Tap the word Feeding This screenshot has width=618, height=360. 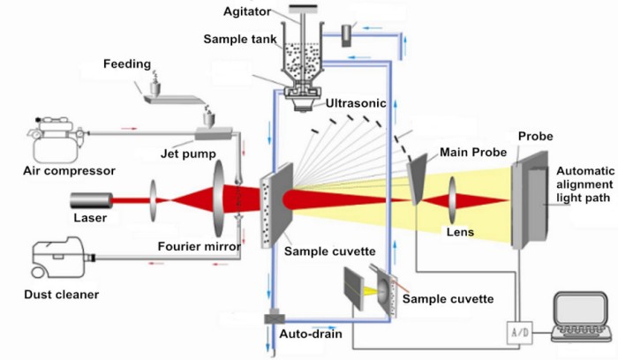127,64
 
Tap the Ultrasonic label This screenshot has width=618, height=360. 355,103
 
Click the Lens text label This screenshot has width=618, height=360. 460,233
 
